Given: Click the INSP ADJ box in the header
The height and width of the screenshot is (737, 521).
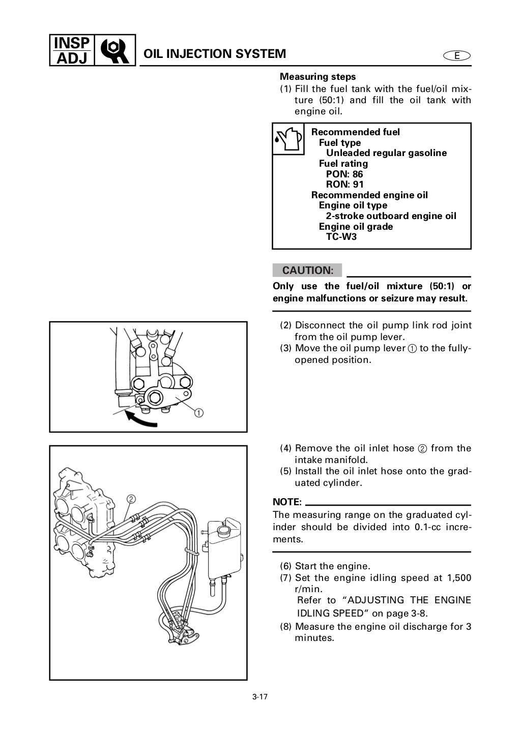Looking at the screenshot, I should (71, 49).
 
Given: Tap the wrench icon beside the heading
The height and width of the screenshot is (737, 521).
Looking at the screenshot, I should (115, 50).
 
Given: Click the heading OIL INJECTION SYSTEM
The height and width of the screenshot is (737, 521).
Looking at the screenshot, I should (215, 54).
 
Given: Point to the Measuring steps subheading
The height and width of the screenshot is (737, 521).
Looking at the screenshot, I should (318, 77).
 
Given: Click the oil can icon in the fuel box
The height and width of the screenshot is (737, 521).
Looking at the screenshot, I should (288, 139).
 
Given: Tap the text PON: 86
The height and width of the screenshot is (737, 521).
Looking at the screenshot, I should (344, 174).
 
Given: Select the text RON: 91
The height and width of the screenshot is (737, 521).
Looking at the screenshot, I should (344, 185).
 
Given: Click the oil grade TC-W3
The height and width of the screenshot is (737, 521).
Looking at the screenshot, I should (341, 237).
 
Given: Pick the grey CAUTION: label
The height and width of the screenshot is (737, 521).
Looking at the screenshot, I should (307, 270).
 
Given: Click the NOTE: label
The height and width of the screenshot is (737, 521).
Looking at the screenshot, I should (287, 502).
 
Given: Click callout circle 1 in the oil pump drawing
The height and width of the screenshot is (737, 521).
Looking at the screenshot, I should (198, 413).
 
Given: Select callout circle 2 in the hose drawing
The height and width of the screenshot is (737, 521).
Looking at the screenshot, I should (131, 499).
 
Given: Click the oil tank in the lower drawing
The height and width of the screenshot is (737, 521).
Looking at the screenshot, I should (223, 551).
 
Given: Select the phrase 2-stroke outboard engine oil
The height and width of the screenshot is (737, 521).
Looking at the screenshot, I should (391, 216).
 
